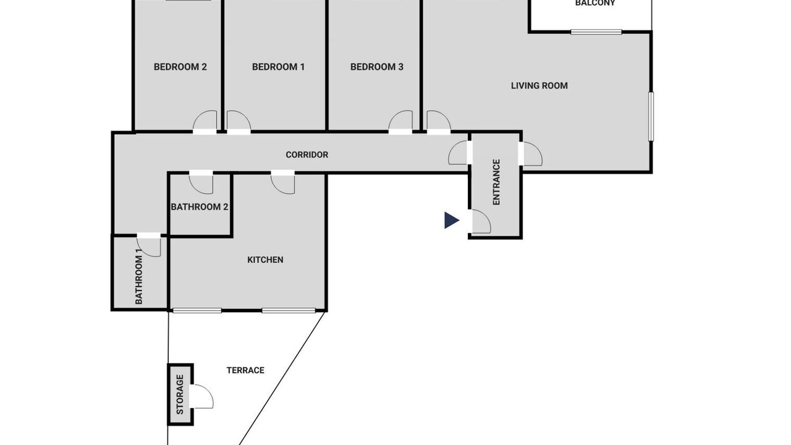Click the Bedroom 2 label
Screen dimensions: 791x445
(180, 67)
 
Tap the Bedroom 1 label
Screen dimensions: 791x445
(278, 67)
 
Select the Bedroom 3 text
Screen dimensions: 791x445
(377, 67)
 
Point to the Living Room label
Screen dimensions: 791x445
(539, 85)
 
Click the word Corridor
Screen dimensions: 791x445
(307, 155)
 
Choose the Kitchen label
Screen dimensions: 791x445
(265, 260)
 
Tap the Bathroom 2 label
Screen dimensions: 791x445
(200, 207)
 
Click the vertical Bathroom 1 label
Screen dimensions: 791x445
(139, 276)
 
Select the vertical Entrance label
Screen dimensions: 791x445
(496, 182)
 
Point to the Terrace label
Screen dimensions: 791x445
(245, 370)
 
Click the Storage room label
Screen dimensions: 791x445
(180, 394)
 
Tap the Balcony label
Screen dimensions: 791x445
(595, 3)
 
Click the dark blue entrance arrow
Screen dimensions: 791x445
(452, 221)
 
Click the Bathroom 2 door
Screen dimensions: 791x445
(201, 183)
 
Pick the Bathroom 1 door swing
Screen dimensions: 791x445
(149, 245)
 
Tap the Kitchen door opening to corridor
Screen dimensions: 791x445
(283, 183)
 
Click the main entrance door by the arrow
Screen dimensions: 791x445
(481, 221)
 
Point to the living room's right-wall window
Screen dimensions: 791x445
(651, 116)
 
